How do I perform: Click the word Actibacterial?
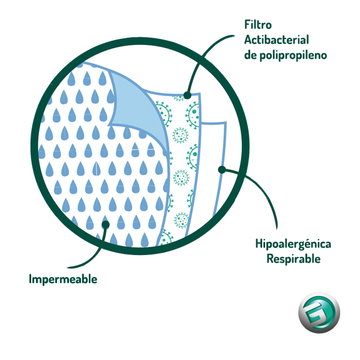276,40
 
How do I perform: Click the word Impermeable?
63,279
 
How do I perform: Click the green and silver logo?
318,314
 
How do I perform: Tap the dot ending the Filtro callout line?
187,95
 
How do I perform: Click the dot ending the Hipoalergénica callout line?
221,170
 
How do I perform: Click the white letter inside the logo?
318,314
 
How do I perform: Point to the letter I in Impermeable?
31,279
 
